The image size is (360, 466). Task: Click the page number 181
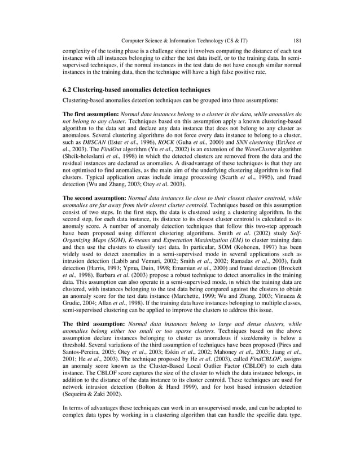pos(297,40)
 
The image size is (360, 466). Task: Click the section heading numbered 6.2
pos(128,90)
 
